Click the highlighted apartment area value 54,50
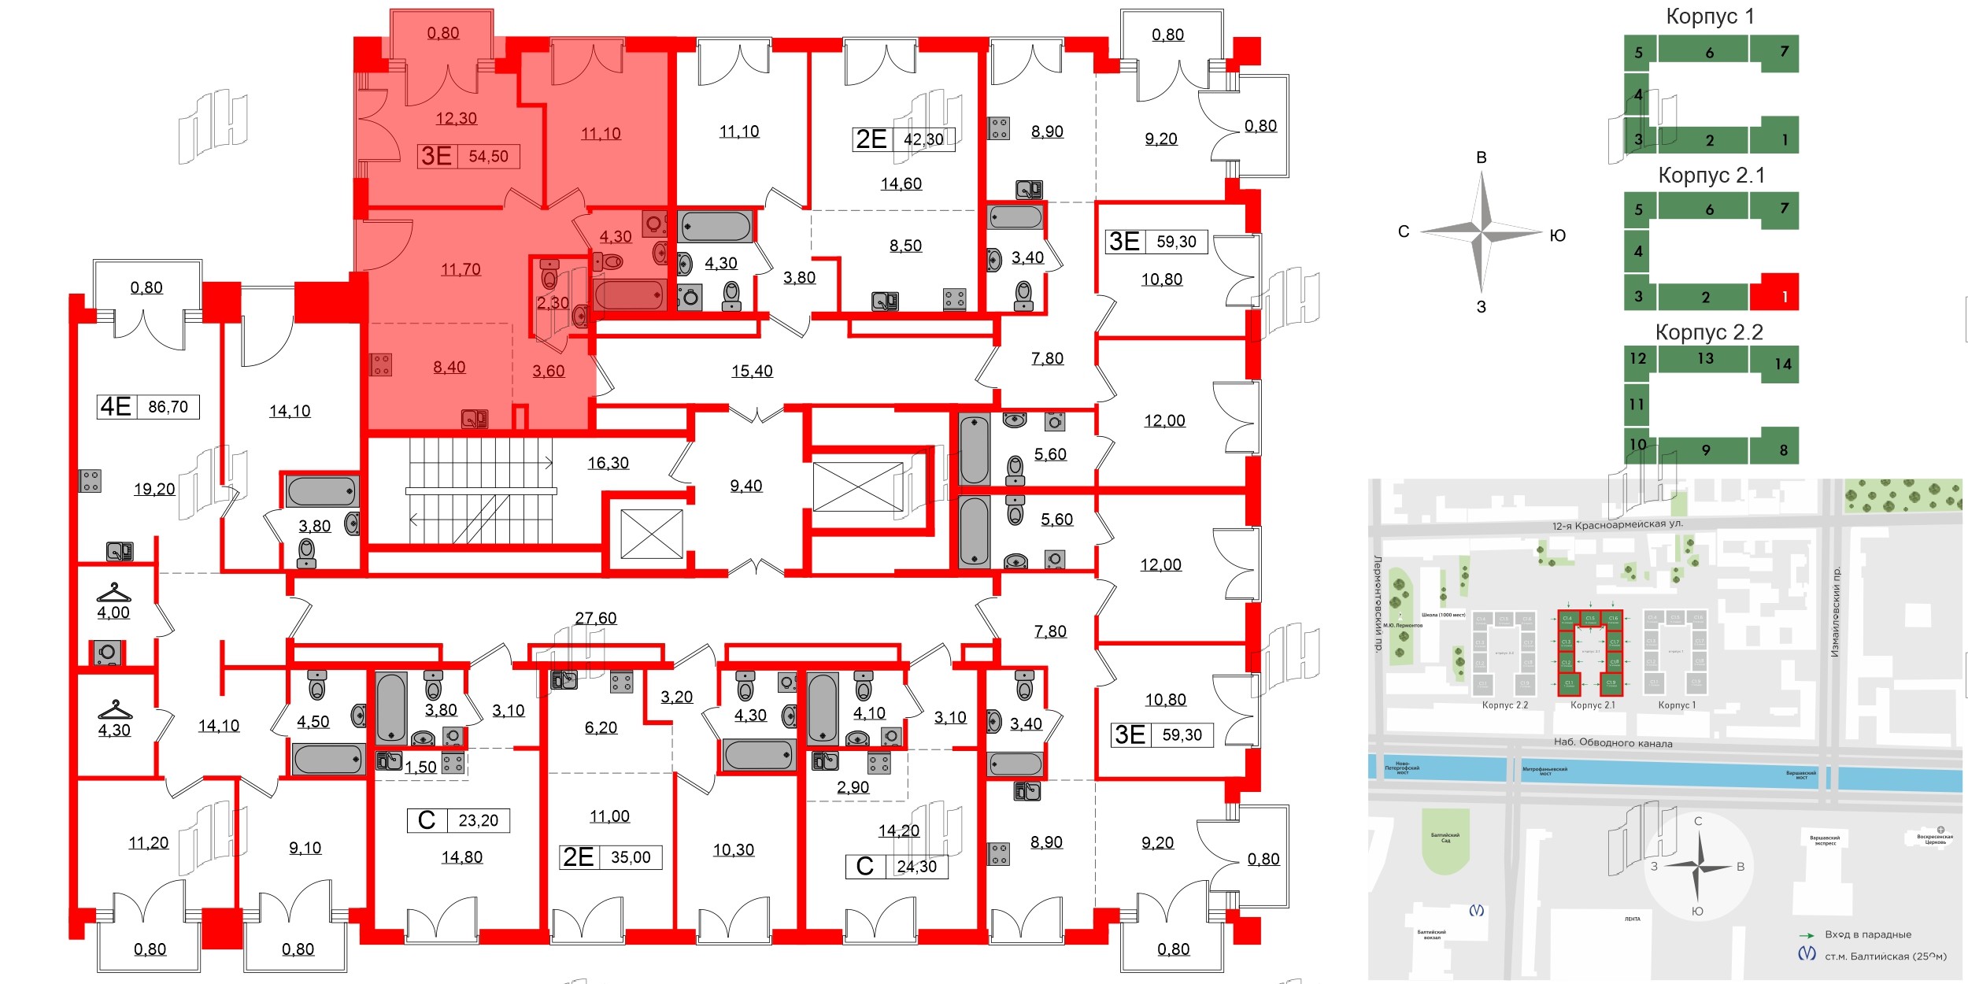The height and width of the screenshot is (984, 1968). [x=488, y=157]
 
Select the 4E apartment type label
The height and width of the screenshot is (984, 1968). [x=115, y=407]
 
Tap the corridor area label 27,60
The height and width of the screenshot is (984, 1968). [x=596, y=618]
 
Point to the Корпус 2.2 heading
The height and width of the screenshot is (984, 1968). [x=1708, y=332]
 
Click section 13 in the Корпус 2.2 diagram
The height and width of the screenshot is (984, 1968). [x=1705, y=359]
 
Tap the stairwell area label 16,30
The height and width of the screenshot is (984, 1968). [x=608, y=463]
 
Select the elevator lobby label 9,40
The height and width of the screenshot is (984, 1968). [x=745, y=486]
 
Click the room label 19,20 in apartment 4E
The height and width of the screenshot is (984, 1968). [x=154, y=489]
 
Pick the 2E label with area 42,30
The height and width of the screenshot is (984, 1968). [x=871, y=139]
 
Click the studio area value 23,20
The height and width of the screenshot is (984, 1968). [x=478, y=820]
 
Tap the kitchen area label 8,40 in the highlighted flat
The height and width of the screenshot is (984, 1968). [x=449, y=367]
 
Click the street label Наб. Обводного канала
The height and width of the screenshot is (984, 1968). [x=1613, y=742]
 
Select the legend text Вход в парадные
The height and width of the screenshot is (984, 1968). [x=1867, y=934]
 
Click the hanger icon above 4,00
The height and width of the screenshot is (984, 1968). [x=114, y=592]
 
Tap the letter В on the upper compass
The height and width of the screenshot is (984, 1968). [x=1481, y=157]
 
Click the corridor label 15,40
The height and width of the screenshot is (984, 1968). [x=752, y=371]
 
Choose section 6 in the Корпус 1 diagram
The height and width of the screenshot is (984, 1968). [x=1709, y=53]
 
